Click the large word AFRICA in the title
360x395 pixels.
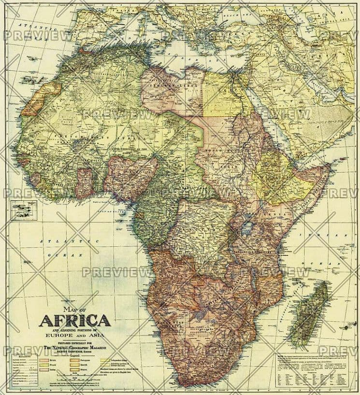click(74, 321)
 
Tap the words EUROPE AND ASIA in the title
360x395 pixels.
click(74, 334)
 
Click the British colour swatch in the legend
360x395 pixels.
click(47, 360)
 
